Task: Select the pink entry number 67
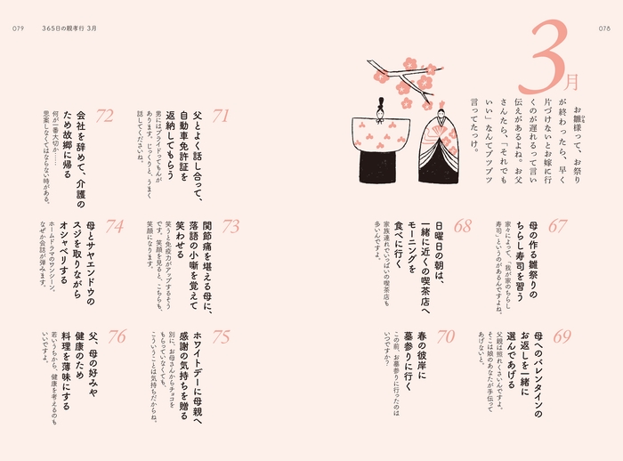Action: tap(558, 226)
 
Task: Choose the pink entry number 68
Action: tap(463, 226)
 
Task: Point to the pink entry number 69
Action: tap(562, 336)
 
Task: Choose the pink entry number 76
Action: tap(117, 336)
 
